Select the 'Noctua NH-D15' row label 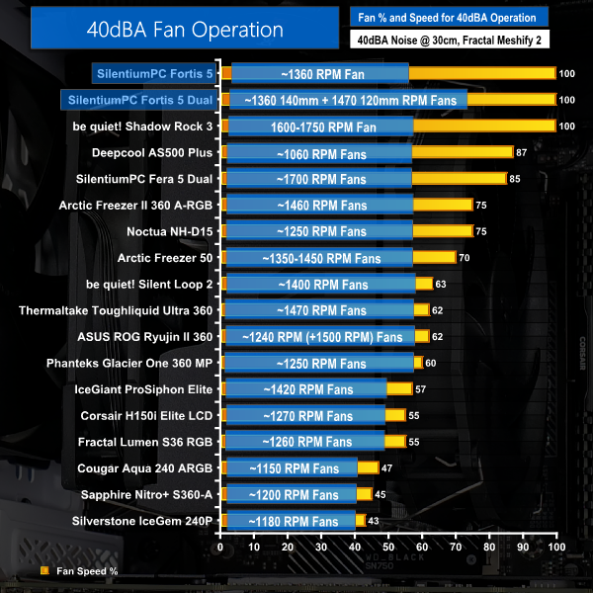(169, 231)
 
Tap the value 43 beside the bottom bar (375, 520)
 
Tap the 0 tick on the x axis (221, 546)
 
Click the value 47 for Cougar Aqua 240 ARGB (388, 467)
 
